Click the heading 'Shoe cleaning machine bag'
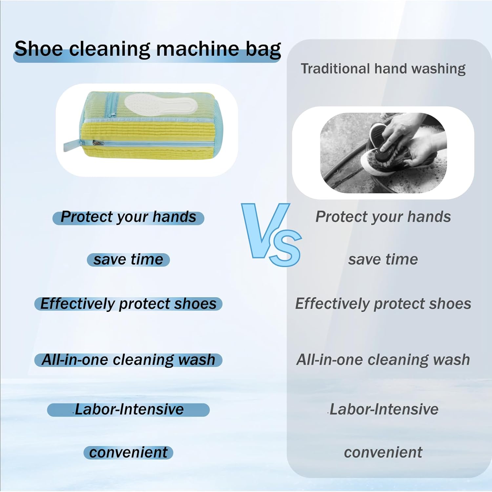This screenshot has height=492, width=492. (x=148, y=49)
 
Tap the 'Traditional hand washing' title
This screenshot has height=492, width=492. (x=383, y=69)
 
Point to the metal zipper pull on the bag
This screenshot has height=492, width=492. (x=98, y=143)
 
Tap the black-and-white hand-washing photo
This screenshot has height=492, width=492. (x=383, y=153)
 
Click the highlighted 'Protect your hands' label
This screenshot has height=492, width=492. (x=128, y=217)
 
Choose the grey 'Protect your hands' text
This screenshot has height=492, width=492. (x=383, y=217)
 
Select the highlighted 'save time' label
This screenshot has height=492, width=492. (x=128, y=259)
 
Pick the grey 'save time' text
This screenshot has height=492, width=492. (x=383, y=259)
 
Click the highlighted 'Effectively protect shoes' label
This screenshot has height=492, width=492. (x=128, y=304)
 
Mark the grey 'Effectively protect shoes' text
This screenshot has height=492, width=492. (x=383, y=304)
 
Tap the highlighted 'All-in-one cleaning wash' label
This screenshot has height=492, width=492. (x=128, y=360)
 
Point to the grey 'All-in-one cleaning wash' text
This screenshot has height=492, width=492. (x=383, y=360)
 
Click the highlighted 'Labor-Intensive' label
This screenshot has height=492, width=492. (x=128, y=410)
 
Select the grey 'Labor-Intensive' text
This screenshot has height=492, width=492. (x=383, y=410)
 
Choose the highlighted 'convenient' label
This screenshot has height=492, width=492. (x=128, y=453)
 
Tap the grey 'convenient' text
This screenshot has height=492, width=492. (x=383, y=453)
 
